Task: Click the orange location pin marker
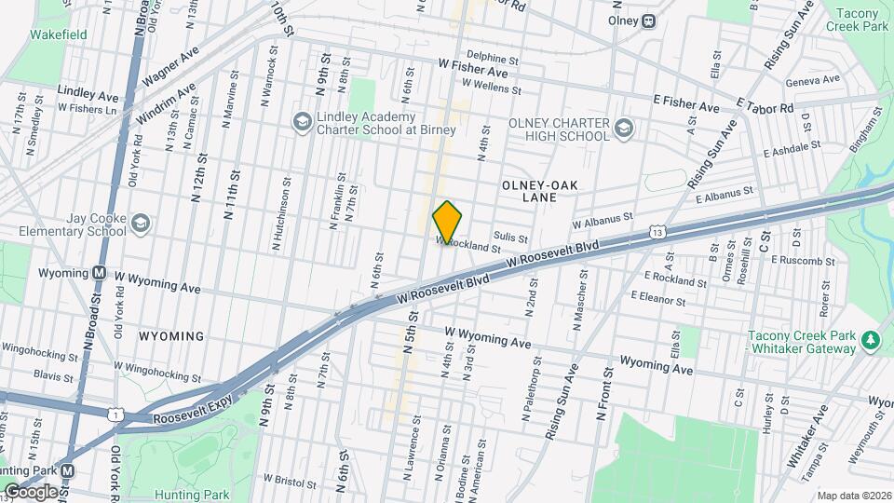448,222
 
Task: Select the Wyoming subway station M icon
98,274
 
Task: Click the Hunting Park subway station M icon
68,471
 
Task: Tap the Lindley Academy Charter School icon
301,122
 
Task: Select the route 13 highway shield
658,230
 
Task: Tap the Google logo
31,491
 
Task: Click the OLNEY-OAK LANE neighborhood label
541,192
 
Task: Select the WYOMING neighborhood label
171,335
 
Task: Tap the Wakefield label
58,34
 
